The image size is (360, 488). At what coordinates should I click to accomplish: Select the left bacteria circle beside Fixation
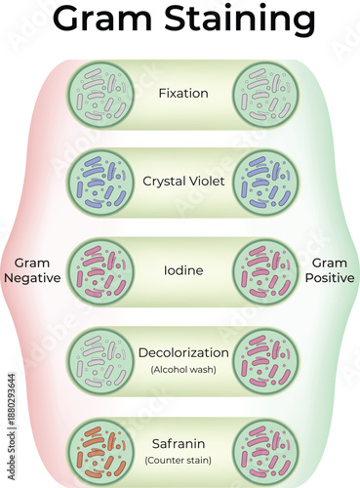[x=100, y=95]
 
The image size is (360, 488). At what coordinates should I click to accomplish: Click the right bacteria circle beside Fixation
[x=266, y=95]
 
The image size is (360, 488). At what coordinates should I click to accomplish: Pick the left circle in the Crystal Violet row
[x=100, y=183]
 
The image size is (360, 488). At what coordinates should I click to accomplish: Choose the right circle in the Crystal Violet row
[x=266, y=183]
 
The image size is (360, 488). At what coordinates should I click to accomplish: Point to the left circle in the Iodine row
[x=100, y=271]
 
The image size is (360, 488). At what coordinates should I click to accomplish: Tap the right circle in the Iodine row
[x=266, y=271]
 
